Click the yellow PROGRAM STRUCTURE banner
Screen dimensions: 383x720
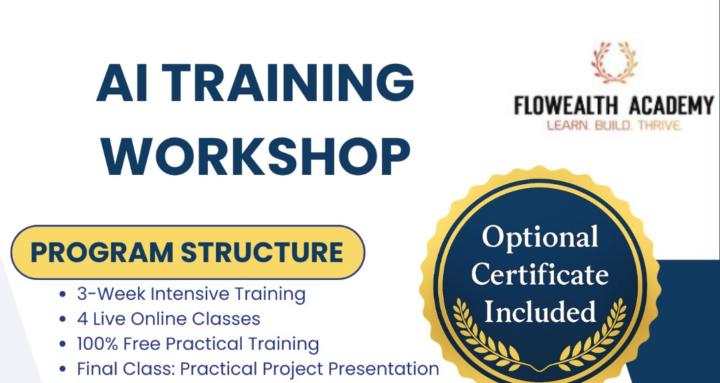188,250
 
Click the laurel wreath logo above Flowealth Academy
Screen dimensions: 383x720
614,61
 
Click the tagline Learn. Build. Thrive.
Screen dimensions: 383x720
614,127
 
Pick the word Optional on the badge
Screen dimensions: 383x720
540,237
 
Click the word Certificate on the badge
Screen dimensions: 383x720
540,274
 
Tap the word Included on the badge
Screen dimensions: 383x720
540,311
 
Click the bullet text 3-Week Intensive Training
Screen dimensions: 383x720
191,295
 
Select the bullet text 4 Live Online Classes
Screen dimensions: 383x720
168,319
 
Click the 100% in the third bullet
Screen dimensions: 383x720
98,344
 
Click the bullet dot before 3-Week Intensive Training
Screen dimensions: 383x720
64,296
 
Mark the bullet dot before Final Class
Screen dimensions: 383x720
64,369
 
